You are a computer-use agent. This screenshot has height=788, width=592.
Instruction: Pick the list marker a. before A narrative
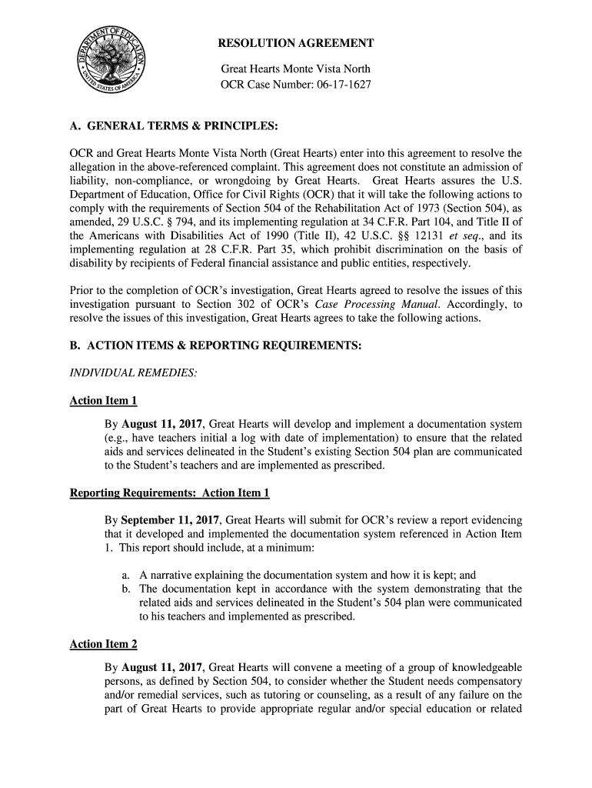pos(125,575)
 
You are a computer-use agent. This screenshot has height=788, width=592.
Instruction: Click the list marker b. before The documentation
pos(125,589)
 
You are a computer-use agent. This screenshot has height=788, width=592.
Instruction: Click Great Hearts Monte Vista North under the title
pos(296,69)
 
